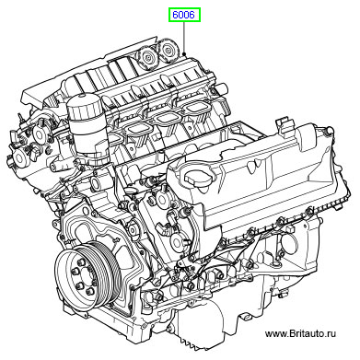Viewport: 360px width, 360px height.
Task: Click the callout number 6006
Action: click(183, 15)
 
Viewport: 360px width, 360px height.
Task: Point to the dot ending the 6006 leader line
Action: click(184, 53)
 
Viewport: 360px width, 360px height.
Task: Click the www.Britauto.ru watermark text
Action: click(300, 333)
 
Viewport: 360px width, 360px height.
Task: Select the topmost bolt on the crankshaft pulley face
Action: click(81, 262)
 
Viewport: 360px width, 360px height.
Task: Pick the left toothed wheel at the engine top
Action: click(147, 57)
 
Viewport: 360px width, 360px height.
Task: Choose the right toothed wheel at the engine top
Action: click(168, 49)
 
